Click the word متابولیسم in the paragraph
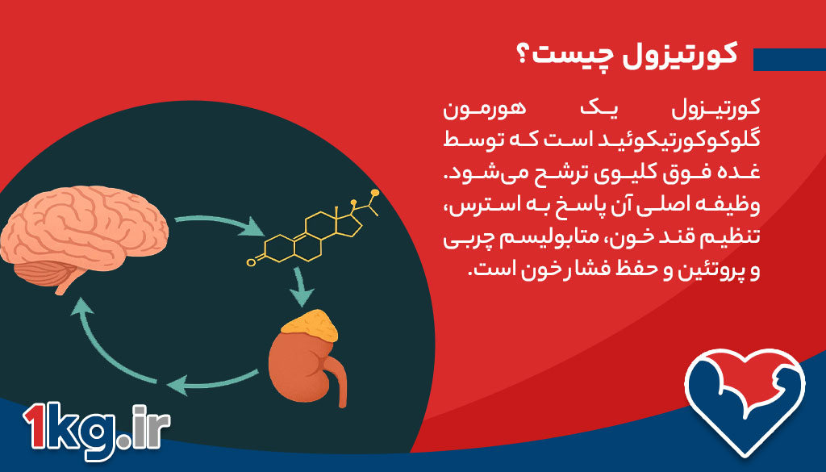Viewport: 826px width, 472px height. pos(569,240)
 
